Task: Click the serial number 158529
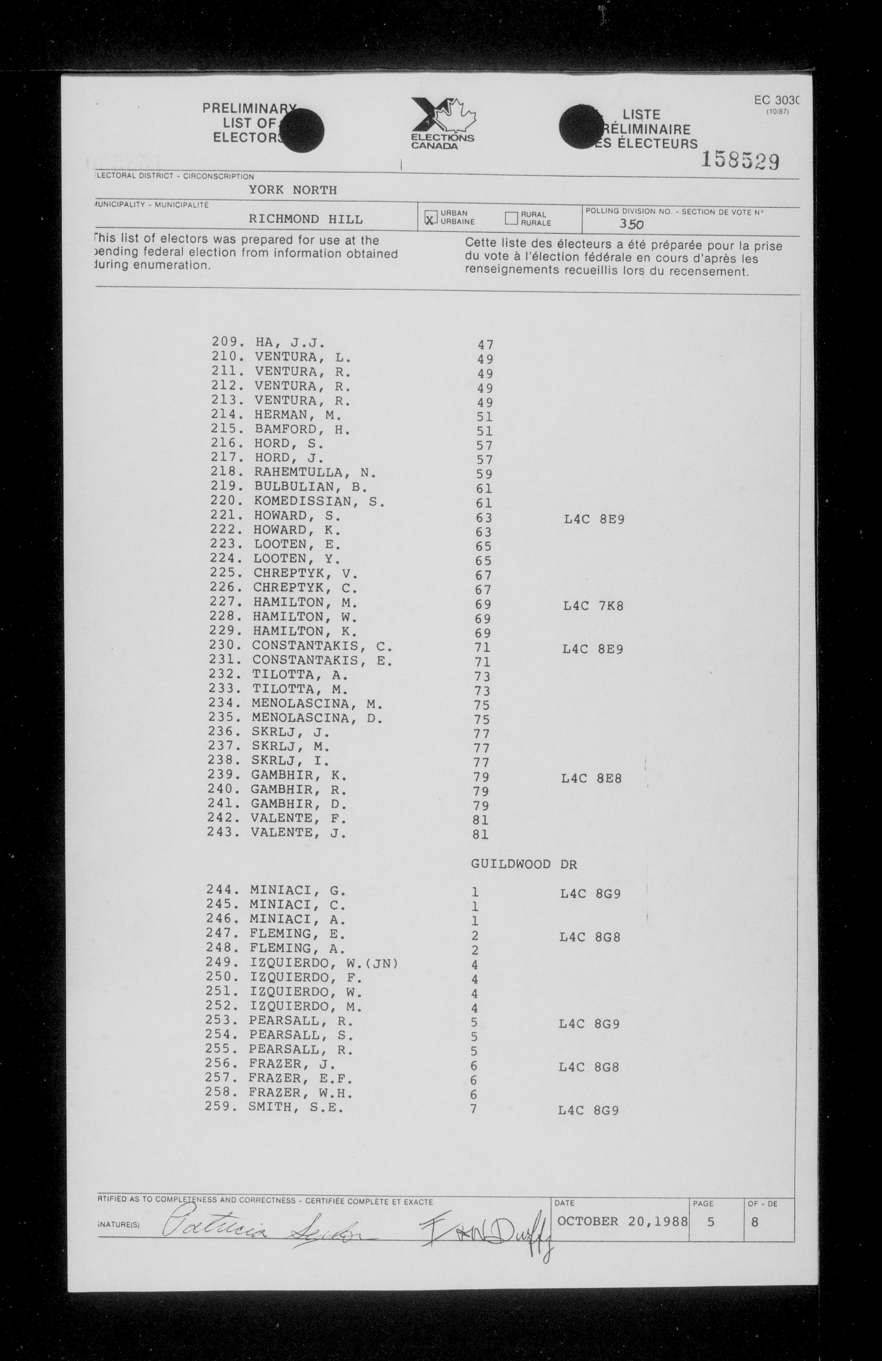coord(740,162)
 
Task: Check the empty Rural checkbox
coord(511,218)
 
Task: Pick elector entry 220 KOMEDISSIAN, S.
coord(297,501)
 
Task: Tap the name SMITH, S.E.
coord(296,1108)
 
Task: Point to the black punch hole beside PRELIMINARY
coord(301,131)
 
